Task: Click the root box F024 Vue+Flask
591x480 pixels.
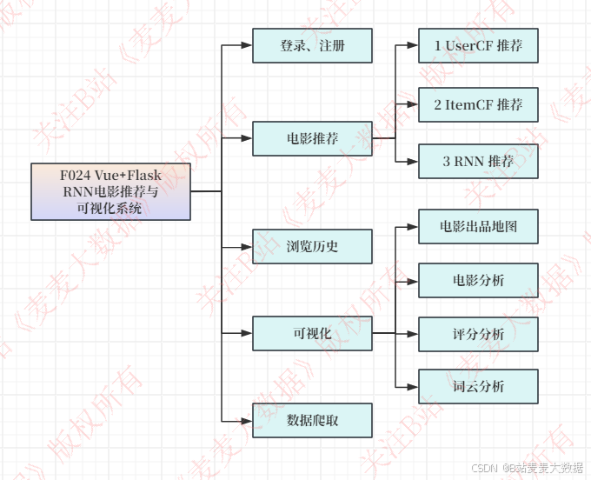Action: click(110, 191)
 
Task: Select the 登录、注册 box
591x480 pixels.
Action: click(313, 46)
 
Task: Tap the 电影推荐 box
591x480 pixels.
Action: click(313, 138)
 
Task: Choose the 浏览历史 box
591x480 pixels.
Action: click(313, 247)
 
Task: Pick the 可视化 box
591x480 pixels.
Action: click(313, 333)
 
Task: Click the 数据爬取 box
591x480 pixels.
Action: click(313, 421)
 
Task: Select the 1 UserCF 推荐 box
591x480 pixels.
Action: click(478, 44)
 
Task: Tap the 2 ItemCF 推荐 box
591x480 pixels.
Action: click(478, 105)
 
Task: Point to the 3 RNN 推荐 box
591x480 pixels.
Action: click(478, 162)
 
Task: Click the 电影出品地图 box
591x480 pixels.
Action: click(478, 227)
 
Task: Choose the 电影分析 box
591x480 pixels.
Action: click(478, 281)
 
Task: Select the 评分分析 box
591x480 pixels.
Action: click(478, 334)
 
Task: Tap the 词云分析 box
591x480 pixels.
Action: click(478, 386)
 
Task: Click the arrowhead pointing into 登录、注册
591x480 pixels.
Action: click(247, 46)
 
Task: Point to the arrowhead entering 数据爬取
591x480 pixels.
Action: click(247, 421)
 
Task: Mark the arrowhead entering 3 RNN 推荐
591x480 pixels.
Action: click(413, 162)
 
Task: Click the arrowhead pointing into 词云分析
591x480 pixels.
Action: click(413, 386)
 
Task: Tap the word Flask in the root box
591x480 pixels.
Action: click(142, 176)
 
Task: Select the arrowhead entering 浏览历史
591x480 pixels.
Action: click(247, 247)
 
